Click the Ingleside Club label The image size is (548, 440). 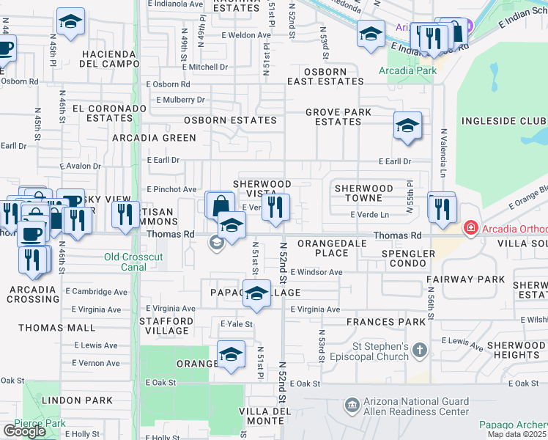tap(503, 120)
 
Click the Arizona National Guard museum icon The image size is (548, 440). tap(352, 405)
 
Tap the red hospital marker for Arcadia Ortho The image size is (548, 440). tap(470, 230)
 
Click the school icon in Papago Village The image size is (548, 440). tap(256, 293)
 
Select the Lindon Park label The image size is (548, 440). tap(77, 400)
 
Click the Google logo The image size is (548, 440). tap(24, 430)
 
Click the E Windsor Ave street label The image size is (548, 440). tap(316, 272)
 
